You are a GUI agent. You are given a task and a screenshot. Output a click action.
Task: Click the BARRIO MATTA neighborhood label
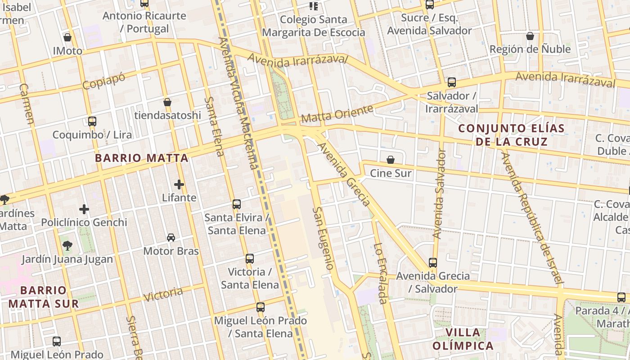(141, 158)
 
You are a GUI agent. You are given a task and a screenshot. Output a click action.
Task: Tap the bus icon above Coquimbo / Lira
(92, 121)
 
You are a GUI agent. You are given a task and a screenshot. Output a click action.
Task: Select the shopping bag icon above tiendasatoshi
(167, 102)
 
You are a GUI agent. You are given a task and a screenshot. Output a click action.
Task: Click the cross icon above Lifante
(179, 184)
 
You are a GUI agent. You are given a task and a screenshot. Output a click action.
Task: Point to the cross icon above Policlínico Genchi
(84, 209)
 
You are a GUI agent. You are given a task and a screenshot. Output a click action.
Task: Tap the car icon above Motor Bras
(171, 237)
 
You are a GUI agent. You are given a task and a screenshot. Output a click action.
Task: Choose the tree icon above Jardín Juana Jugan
(67, 245)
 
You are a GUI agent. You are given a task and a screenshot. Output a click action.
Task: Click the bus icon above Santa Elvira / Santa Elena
(237, 204)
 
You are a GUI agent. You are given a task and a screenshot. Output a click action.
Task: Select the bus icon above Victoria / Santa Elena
(250, 258)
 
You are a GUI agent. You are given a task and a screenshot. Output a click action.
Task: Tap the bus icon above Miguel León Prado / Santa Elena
(261, 307)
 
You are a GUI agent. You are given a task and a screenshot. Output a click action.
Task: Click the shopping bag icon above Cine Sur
(391, 160)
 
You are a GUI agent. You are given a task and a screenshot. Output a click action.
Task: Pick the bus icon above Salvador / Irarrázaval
(452, 82)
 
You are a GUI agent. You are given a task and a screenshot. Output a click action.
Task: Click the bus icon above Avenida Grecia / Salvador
(433, 262)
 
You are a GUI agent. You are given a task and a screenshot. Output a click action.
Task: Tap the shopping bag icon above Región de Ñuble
(530, 36)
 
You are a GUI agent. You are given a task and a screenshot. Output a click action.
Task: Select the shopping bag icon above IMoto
(67, 37)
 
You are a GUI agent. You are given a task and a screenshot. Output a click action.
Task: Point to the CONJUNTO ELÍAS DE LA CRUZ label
(512, 135)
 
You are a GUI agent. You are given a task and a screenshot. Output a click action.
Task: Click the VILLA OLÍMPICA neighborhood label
(463, 339)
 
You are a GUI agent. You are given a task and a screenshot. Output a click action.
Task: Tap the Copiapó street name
(103, 81)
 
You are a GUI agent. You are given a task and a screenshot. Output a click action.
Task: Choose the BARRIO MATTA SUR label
(43, 297)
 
